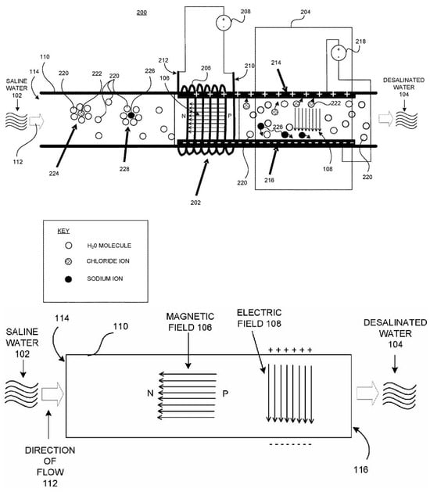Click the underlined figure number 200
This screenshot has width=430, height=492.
pyautogui.click(x=142, y=13)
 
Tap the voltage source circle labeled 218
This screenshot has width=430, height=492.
pyautogui.click(x=339, y=52)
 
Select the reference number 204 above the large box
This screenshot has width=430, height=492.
pyautogui.click(x=305, y=12)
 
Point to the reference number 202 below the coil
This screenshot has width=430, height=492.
pyautogui.click(x=195, y=203)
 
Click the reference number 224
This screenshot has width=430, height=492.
pyautogui.click(x=54, y=173)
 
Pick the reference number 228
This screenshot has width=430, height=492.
pyautogui.click(x=124, y=169)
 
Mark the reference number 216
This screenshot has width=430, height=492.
pyautogui.click(x=269, y=180)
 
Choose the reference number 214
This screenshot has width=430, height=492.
pyautogui.click(x=276, y=63)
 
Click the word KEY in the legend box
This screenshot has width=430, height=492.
pyautogui.click(x=63, y=231)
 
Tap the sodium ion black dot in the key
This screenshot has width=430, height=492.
pyautogui.click(x=68, y=279)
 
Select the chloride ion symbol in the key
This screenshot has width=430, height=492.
pyautogui.click(x=68, y=261)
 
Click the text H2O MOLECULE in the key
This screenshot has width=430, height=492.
pyautogui.click(x=109, y=246)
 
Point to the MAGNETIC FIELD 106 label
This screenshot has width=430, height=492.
pyautogui.click(x=190, y=322)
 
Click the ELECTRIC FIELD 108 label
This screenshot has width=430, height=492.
pyautogui.click(x=259, y=318)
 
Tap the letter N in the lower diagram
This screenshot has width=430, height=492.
pyautogui.click(x=150, y=393)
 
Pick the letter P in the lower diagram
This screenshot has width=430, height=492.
pyautogui.click(x=225, y=393)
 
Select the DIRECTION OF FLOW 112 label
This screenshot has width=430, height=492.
pyautogui.click(x=50, y=467)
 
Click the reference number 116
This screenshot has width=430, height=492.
pyautogui.click(x=360, y=470)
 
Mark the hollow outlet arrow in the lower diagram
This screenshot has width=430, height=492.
pyautogui.click(x=367, y=393)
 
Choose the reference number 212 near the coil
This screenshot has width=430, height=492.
pyautogui.click(x=163, y=60)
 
